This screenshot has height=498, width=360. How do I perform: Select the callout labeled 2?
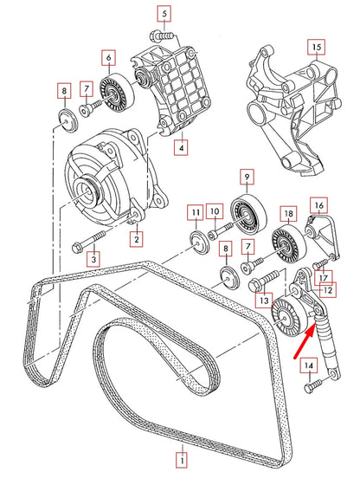point(136,236)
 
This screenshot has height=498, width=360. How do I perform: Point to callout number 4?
point(181,148)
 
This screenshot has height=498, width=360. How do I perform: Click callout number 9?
point(109,59)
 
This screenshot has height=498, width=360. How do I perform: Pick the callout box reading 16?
point(319,205)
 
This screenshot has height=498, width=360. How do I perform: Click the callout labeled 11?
point(196,213)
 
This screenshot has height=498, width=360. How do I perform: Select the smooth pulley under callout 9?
point(247,211)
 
